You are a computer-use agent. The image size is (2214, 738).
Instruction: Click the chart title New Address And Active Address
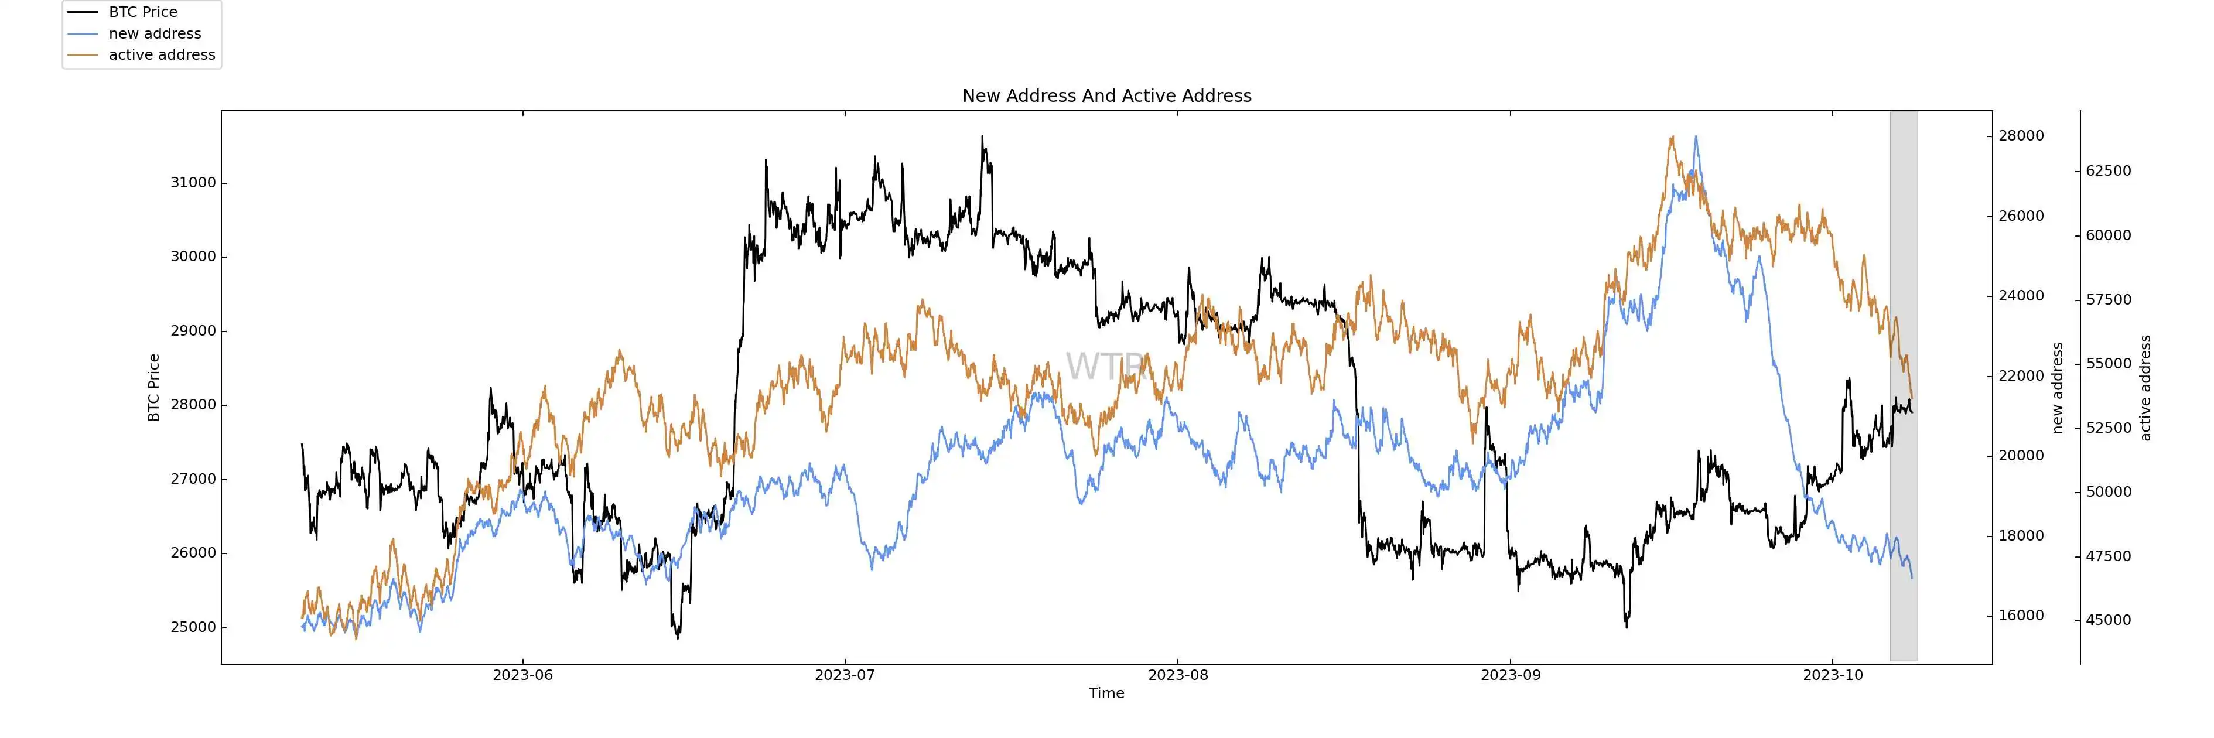click(x=1106, y=95)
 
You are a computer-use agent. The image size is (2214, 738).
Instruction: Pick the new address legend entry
click(x=155, y=33)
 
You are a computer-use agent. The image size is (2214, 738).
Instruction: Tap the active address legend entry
click(x=162, y=54)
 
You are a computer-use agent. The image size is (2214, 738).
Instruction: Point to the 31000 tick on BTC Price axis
click(x=193, y=182)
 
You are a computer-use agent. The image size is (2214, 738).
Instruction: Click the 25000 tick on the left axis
click(x=193, y=627)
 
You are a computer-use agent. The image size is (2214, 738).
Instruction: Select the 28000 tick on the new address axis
click(x=2021, y=136)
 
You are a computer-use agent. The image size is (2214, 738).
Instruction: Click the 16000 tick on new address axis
click(x=2021, y=615)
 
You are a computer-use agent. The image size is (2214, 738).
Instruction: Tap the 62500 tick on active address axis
click(x=2109, y=171)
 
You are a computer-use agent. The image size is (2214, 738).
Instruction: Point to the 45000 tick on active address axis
click(x=2109, y=620)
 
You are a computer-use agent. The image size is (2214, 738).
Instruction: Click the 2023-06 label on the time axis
click(x=522, y=675)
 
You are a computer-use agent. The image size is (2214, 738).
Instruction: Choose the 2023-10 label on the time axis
click(x=1832, y=675)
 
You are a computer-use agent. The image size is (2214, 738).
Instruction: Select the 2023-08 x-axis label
click(x=1177, y=675)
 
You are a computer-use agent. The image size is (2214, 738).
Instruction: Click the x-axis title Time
click(x=1106, y=693)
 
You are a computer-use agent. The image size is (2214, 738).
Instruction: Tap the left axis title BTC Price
click(x=154, y=388)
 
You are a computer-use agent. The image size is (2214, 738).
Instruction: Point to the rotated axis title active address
click(x=2145, y=388)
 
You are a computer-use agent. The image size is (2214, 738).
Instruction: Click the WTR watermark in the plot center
click(x=1106, y=366)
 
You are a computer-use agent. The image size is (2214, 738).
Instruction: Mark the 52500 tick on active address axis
click(x=2109, y=428)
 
